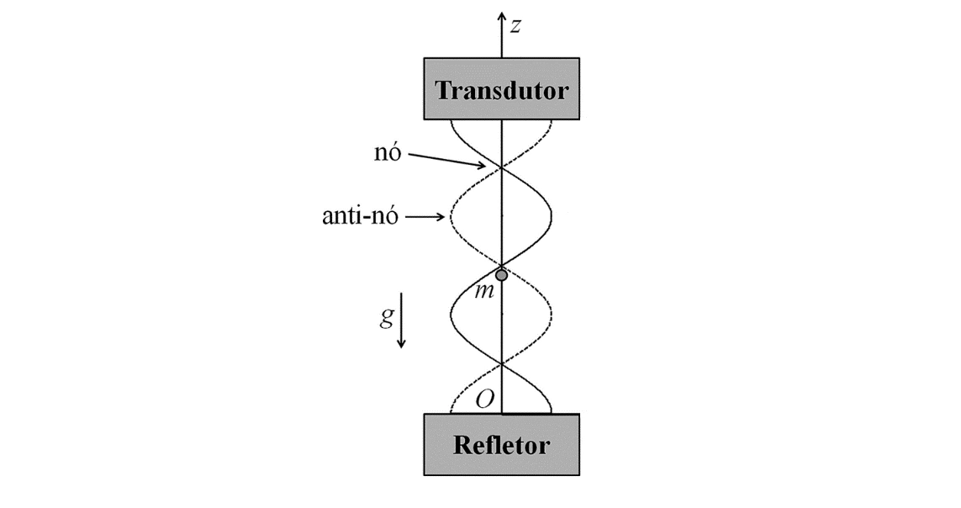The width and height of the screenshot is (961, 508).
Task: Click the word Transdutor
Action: click(x=502, y=91)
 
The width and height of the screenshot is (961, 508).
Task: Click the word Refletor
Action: click(x=501, y=445)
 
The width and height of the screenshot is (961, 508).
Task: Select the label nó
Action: click(x=388, y=152)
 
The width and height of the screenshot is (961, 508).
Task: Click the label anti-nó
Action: click(x=361, y=215)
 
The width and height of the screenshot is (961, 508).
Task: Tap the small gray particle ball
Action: click(x=501, y=275)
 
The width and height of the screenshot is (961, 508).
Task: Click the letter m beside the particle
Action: click(x=484, y=291)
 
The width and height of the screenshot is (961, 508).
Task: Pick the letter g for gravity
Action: click(x=386, y=316)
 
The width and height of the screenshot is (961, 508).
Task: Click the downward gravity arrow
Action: click(x=401, y=320)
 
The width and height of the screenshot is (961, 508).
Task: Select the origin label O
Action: click(x=485, y=400)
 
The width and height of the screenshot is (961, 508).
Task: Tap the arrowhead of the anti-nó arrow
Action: click(x=441, y=216)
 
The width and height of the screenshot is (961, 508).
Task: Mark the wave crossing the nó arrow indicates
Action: click(x=502, y=167)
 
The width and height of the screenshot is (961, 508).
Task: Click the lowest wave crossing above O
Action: click(x=502, y=365)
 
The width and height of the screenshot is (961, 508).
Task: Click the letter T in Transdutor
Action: click(x=443, y=91)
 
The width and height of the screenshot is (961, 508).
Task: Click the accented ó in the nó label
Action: click(x=394, y=152)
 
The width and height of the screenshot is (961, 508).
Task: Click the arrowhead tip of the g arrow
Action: click(x=401, y=347)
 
